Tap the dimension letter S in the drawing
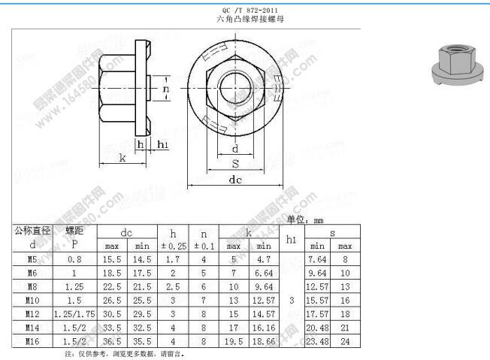pyautogui.click(x=235, y=163)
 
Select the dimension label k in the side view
pyautogui.click(x=122, y=158)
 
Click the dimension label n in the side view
pyautogui.click(x=166, y=89)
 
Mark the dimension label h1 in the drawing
pyautogui.click(x=162, y=144)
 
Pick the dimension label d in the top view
pyautogui.click(x=234, y=148)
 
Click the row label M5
pyautogui.click(x=32, y=259)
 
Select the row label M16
pyautogui.click(x=32, y=340)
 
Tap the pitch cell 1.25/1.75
pyautogui.click(x=74, y=313)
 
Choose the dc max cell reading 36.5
pyautogui.click(x=112, y=340)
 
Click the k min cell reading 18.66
pyautogui.click(x=263, y=340)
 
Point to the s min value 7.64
pyautogui.click(x=316, y=259)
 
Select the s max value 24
pyautogui.click(x=345, y=340)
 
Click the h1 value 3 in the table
pyautogui.click(x=291, y=299)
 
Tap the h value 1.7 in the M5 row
pyautogui.click(x=172, y=259)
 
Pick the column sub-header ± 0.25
pyautogui.click(x=172, y=246)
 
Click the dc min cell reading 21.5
pyautogui.click(x=141, y=286)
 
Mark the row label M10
pyautogui.click(x=32, y=299)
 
